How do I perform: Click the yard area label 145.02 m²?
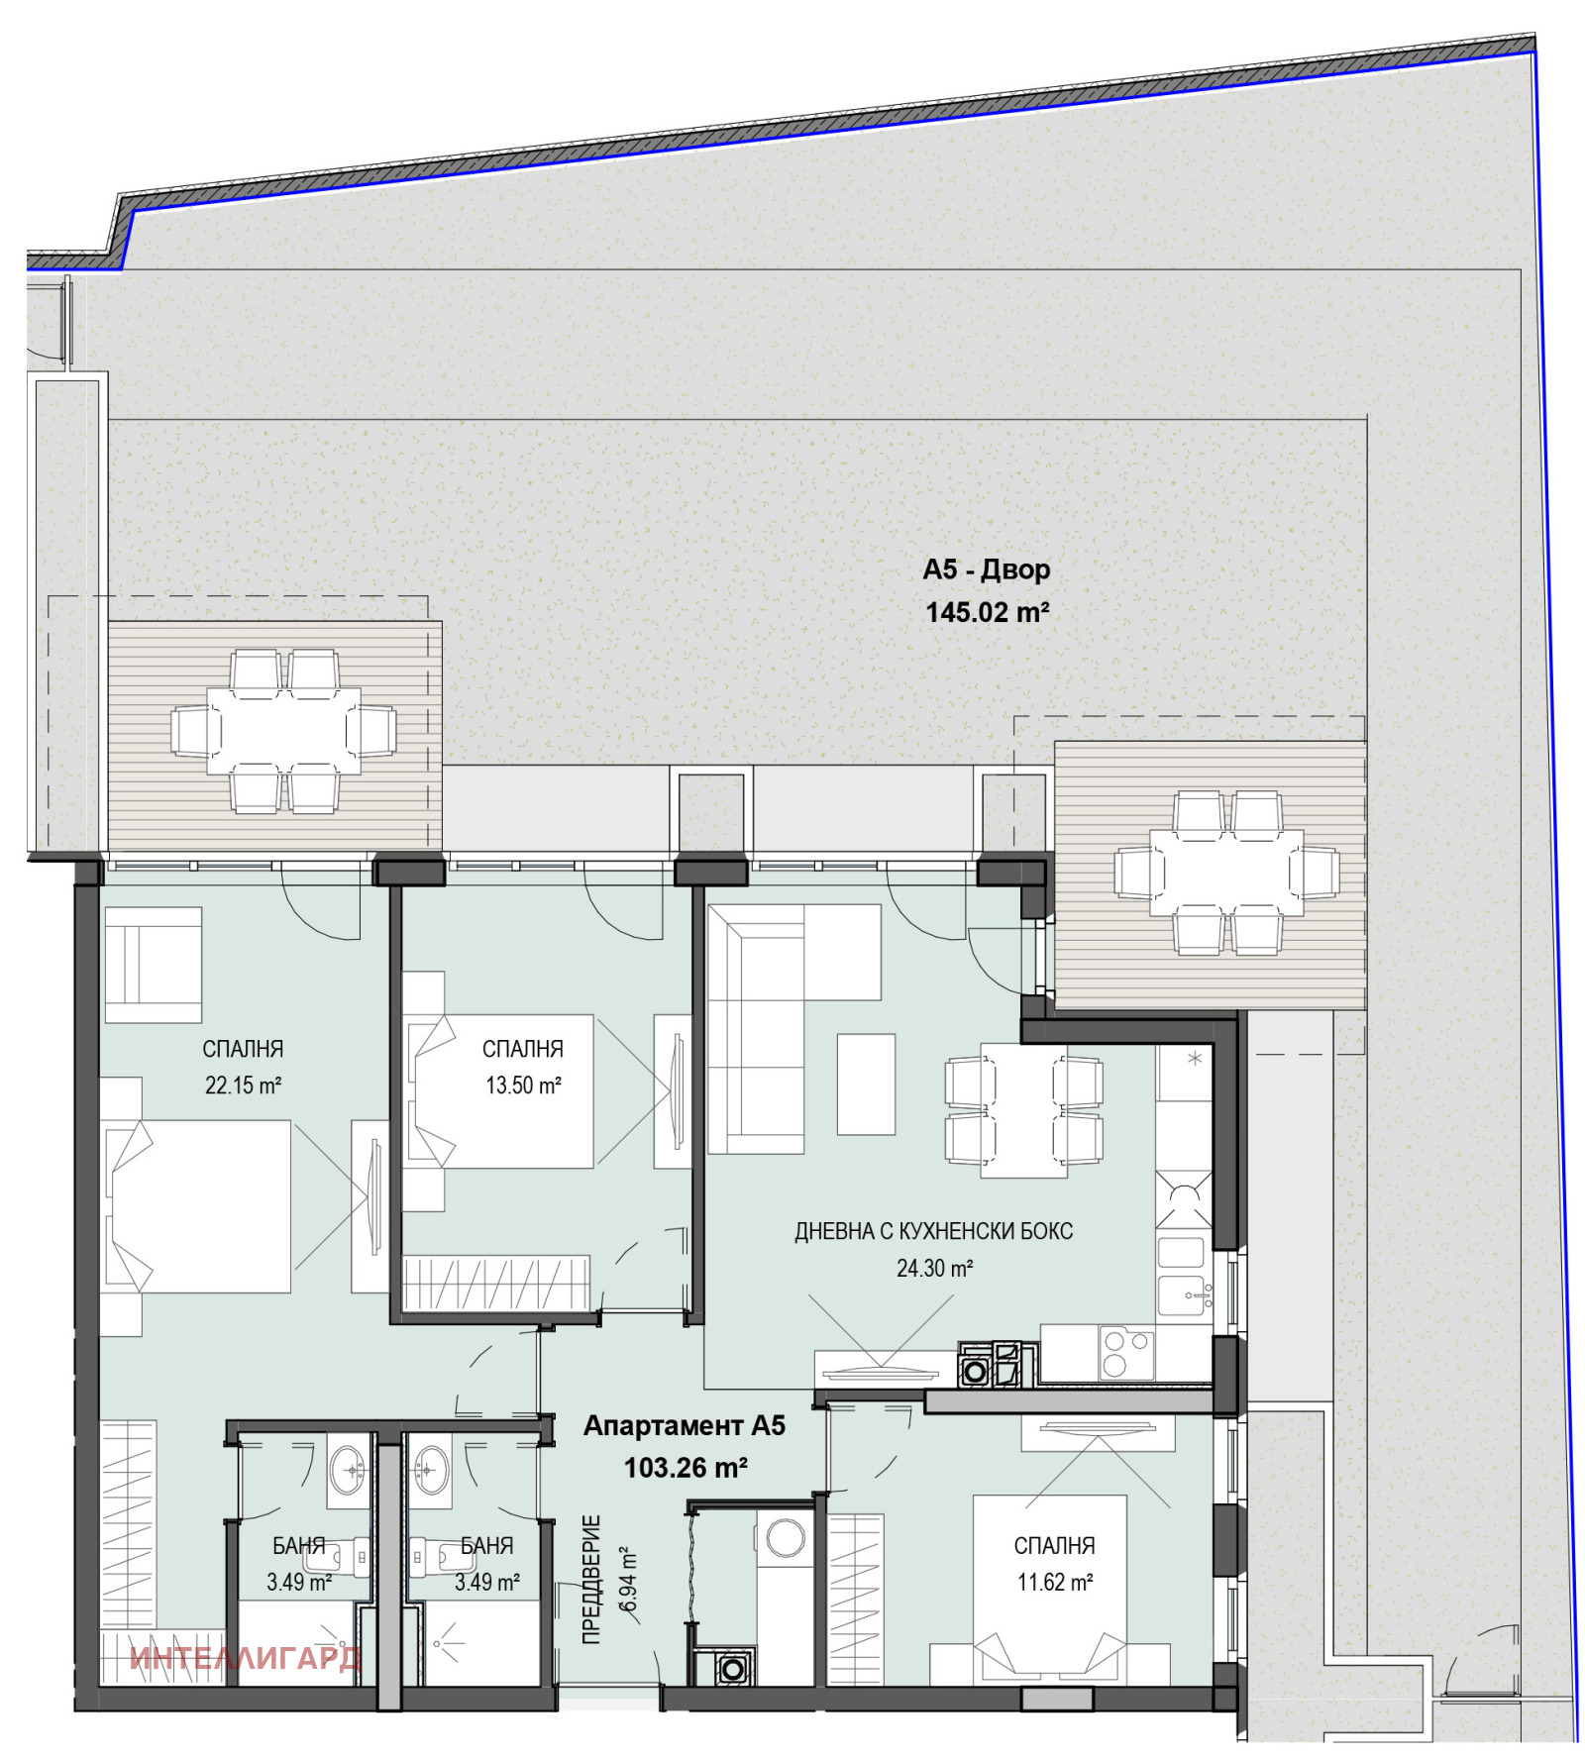(986, 612)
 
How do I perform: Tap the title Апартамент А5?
(684, 1425)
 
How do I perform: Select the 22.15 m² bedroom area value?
(243, 1086)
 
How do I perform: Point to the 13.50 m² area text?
(523, 1086)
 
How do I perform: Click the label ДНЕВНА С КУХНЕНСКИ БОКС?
(933, 1231)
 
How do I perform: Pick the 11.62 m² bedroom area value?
(1054, 1582)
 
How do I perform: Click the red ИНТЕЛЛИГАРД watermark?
(245, 1658)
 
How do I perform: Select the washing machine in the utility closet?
(785, 1539)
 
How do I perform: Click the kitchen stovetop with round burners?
(1125, 1353)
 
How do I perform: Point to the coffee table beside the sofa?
(866, 1084)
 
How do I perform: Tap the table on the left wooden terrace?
(283, 731)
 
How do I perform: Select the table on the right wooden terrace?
(1226, 873)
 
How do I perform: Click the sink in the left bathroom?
(349, 1470)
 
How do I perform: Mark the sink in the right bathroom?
(431, 1470)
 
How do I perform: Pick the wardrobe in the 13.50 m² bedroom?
(495, 1283)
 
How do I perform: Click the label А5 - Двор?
(986, 569)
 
